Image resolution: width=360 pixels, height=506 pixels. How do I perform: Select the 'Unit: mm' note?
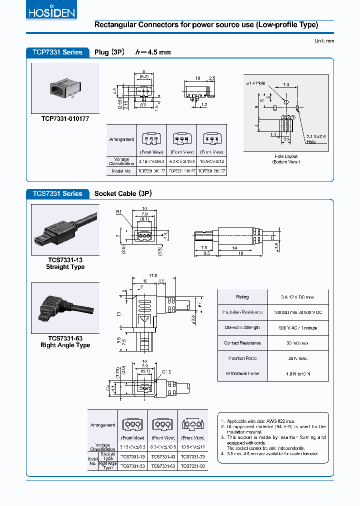(324, 40)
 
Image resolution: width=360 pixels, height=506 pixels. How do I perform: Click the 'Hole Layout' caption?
(286, 156)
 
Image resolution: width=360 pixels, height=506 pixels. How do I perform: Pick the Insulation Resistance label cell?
(242, 312)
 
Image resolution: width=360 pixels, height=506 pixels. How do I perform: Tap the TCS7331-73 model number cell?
(192, 457)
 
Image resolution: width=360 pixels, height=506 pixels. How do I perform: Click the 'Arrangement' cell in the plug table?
(121, 139)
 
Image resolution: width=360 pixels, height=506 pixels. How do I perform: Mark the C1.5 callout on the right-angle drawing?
(166, 372)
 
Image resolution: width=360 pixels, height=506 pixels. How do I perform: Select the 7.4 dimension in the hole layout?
(286, 85)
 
